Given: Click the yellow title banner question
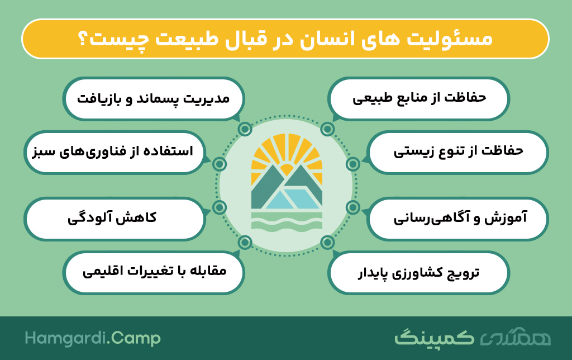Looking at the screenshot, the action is pos(285,39).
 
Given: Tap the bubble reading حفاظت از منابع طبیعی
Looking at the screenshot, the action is pos(418,98).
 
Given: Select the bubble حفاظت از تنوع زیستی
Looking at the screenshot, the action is pos(458,152).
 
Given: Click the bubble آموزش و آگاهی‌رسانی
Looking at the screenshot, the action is pos(458,219).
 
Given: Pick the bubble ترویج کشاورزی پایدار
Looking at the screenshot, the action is pos(418,272).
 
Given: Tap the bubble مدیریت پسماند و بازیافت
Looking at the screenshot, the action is pos(154,98).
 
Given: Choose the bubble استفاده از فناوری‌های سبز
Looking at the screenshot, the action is pos(115,152).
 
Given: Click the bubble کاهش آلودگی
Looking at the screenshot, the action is pos(115,219).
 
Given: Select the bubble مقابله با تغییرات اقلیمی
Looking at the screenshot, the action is pos(154,272).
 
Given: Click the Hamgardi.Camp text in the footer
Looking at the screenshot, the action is pos(93,338).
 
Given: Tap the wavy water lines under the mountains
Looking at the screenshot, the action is pos(287,222).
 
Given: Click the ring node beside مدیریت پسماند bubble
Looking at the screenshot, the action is pos(245,129).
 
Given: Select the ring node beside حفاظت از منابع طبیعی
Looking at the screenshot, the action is pos(327,129).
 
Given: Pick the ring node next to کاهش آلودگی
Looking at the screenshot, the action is pos(220,207).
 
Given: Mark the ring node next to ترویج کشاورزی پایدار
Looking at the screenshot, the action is pos(327,242).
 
